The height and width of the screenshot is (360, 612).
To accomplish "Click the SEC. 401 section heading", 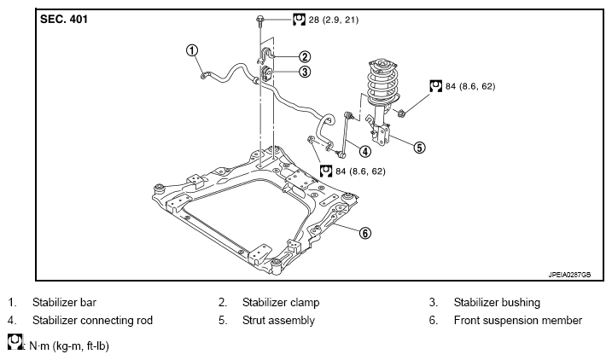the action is pyautogui.click(x=64, y=19).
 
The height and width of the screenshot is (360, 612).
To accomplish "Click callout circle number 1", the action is pyautogui.click(x=192, y=50).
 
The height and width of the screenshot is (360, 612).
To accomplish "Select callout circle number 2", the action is pyautogui.click(x=305, y=57).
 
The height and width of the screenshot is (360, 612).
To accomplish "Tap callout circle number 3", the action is pyautogui.click(x=305, y=72).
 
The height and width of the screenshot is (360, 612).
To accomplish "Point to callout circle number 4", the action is pyautogui.click(x=365, y=151).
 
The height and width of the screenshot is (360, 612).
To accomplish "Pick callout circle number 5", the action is pyautogui.click(x=419, y=148).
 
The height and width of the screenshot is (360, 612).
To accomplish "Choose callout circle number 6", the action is pyautogui.click(x=364, y=233).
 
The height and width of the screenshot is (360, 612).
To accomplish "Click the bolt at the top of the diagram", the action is pyautogui.click(x=259, y=21).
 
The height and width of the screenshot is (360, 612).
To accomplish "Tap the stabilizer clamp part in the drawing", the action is pyautogui.click(x=265, y=55).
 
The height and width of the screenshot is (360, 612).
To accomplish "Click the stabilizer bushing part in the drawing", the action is pyautogui.click(x=266, y=73).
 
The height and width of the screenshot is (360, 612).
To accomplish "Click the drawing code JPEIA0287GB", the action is pyautogui.click(x=569, y=275).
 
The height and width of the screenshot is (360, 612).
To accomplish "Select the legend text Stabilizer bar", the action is pyautogui.click(x=64, y=302).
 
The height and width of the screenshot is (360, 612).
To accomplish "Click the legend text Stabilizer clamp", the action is pyautogui.click(x=281, y=302).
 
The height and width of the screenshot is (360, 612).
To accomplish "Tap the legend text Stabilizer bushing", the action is pyautogui.click(x=497, y=302).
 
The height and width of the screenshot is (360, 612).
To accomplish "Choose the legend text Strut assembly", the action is pyautogui.click(x=278, y=320).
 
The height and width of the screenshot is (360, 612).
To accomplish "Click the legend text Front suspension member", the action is pyautogui.click(x=518, y=320).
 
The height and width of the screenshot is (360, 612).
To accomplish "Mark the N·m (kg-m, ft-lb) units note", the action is pyautogui.click(x=69, y=346).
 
